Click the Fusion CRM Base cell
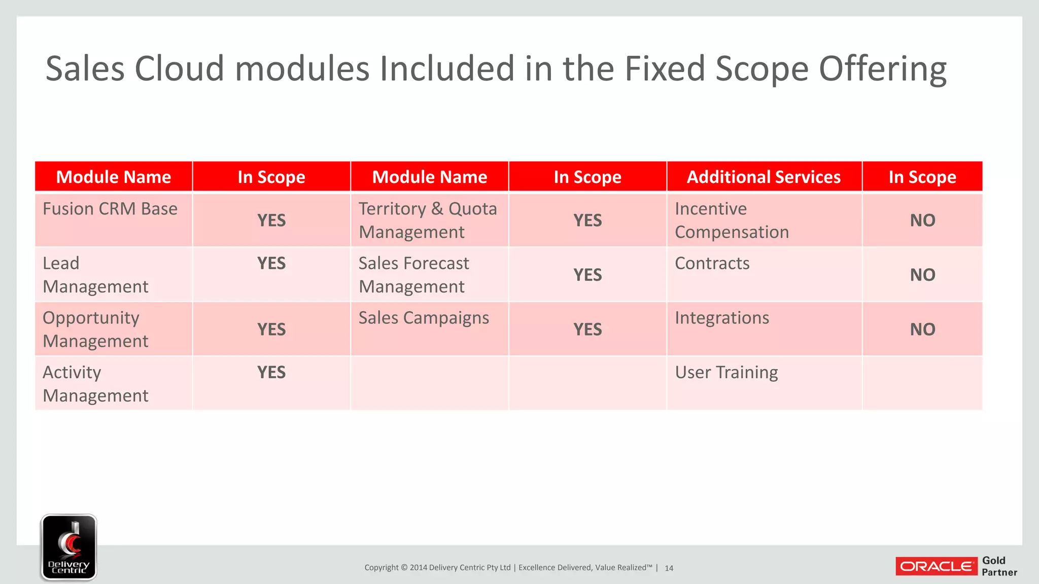(x=110, y=209)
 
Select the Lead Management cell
(x=95, y=275)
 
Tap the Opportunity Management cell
(x=95, y=330)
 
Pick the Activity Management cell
(x=95, y=384)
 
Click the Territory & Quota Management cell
(x=428, y=221)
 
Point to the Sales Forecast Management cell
(x=413, y=275)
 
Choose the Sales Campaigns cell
(x=424, y=318)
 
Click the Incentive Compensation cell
(x=732, y=221)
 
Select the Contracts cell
(x=712, y=264)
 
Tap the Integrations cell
(x=721, y=318)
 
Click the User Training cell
(x=726, y=373)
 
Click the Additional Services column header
(x=764, y=177)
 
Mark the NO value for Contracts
(x=922, y=275)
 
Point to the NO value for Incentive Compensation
(x=922, y=221)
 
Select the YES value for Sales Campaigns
(x=587, y=330)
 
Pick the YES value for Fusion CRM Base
(x=271, y=221)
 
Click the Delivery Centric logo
(x=69, y=547)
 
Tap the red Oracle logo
(x=936, y=566)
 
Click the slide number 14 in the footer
(x=669, y=568)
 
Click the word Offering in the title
(x=883, y=69)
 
